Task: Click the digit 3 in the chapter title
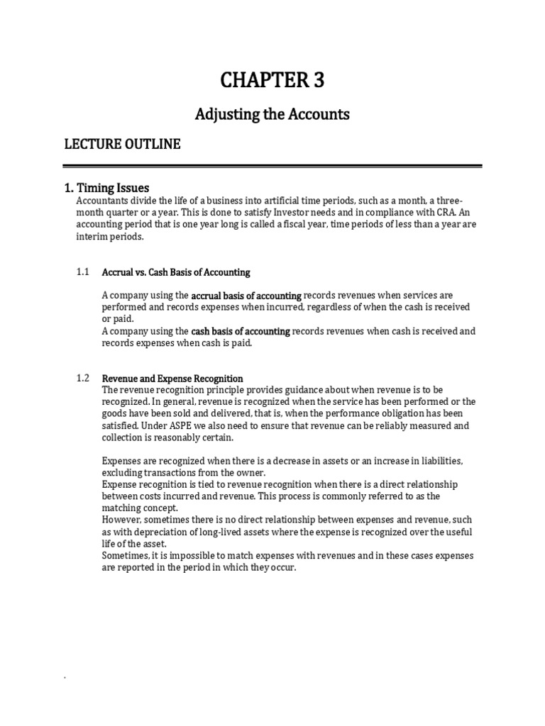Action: (316, 81)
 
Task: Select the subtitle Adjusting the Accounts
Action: (272, 113)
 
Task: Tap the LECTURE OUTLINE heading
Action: (122, 145)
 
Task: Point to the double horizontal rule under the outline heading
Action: (272, 167)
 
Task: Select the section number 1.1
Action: (83, 272)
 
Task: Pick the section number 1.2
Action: (83, 378)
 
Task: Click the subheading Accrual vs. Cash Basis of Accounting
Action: (176, 273)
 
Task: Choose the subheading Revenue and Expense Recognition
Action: (172, 379)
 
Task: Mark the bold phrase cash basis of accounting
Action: (241, 331)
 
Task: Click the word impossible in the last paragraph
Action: (188, 555)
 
